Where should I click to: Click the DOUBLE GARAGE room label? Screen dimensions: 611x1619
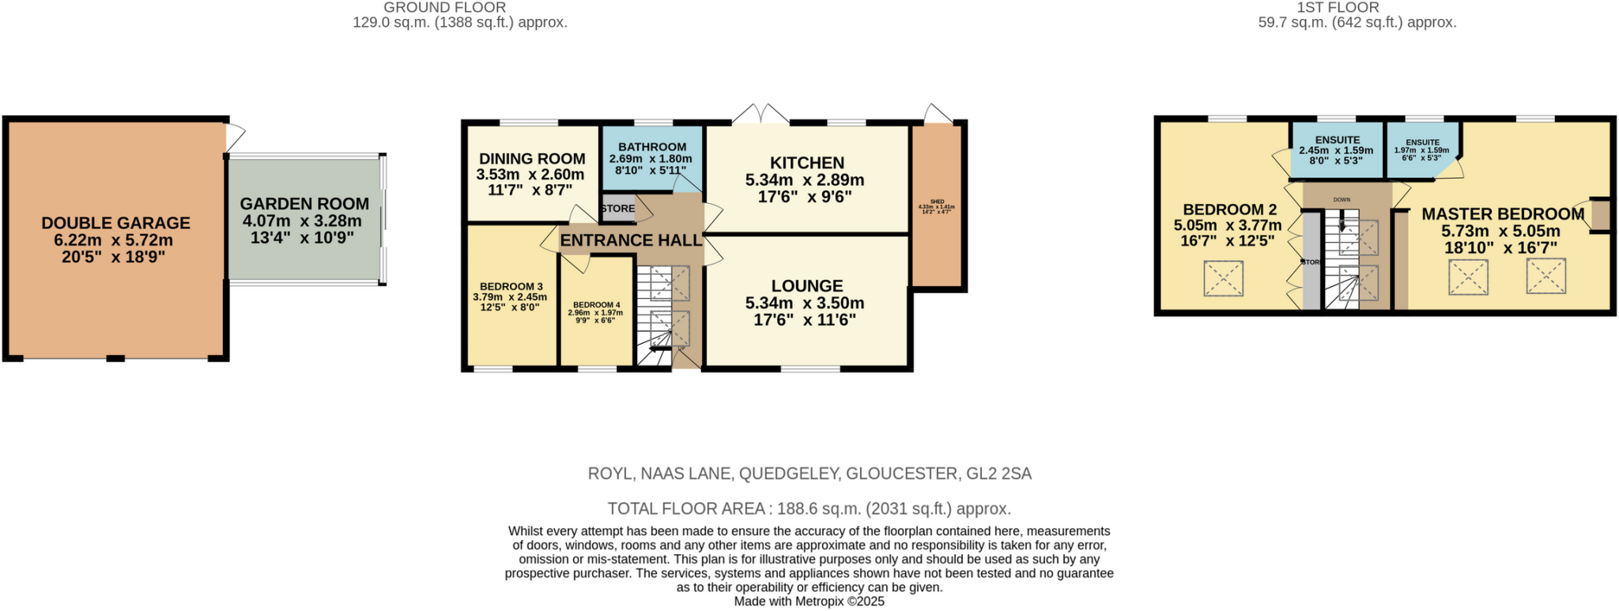[115, 224]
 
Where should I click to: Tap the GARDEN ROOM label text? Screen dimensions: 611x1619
[304, 204]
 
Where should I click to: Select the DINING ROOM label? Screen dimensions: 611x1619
[531, 159]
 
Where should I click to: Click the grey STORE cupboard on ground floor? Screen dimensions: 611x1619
[617, 209]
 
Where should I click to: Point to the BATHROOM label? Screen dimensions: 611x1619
[652, 147]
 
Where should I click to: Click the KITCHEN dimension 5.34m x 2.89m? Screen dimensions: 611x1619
[805, 180]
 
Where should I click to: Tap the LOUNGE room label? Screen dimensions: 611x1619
[806, 286]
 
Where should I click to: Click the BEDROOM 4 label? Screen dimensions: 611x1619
[596, 305]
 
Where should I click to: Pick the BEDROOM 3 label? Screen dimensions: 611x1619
[511, 287]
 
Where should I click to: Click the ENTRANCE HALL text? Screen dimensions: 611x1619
[631, 240]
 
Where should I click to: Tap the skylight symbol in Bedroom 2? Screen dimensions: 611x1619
[1223, 278]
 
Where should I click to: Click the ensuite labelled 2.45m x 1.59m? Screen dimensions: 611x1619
[1336, 149]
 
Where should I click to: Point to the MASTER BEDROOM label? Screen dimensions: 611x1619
[1502, 214]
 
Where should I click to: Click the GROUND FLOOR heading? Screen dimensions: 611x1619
[444, 8]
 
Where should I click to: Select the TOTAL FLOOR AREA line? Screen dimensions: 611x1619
[809, 509]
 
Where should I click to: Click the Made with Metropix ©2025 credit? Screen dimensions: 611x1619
[809, 602]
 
